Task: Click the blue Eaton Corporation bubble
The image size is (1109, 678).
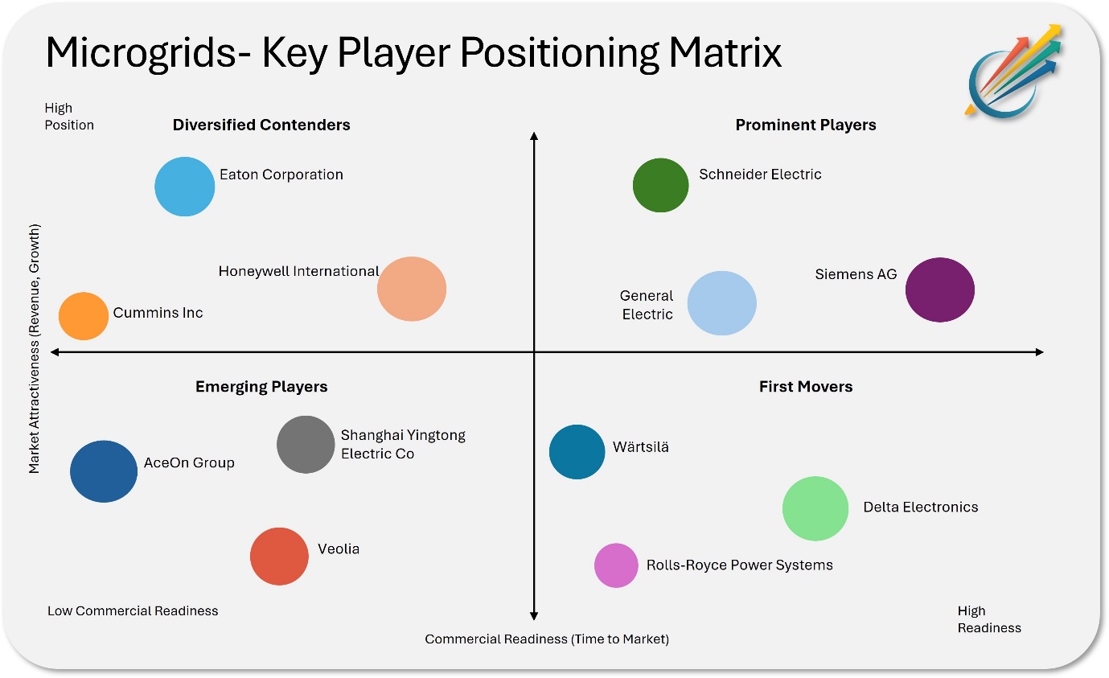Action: pyautogui.click(x=185, y=187)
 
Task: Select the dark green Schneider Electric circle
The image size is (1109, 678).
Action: pyautogui.click(x=660, y=185)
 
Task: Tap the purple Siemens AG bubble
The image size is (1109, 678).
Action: pyautogui.click(x=939, y=290)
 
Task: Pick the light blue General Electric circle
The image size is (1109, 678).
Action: pyautogui.click(x=722, y=303)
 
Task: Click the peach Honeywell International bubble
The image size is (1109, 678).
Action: pyautogui.click(x=412, y=289)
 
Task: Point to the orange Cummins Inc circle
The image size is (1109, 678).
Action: pyautogui.click(x=84, y=316)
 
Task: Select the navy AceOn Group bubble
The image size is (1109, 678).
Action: pyautogui.click(x=104, y=471)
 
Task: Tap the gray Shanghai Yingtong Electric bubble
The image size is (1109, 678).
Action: pyautogui.click(x=306, y=445)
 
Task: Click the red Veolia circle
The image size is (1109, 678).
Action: pyautogui.click(x=279, y=557)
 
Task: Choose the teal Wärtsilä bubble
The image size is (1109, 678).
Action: pyautogui.click(x=577, y=452)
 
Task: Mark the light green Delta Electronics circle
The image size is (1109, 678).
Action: pyautogui.click(x=815, y=508)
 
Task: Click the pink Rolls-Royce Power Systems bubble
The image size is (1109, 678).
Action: pyautogui.click(x=616, y=565)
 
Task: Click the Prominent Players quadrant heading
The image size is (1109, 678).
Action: pyautogui.click(x=806, y=125)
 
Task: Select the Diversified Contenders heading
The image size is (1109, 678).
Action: pyautogui.click(x=261, y=125)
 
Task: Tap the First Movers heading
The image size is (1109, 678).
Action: pyautogui.click(x=806, y=386)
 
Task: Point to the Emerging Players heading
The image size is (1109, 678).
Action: pyautogui.click(x=261, y=387)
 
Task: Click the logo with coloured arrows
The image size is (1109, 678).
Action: pyautogui.click(x=1013, y=72)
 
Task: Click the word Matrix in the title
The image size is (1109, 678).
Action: pyautogui.click(x=725, y=52)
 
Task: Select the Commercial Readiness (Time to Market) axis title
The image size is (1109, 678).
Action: pyautogui.click(x=547, y=639)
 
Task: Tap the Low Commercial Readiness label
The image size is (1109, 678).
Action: pyautogui.click(x=133, y=610)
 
